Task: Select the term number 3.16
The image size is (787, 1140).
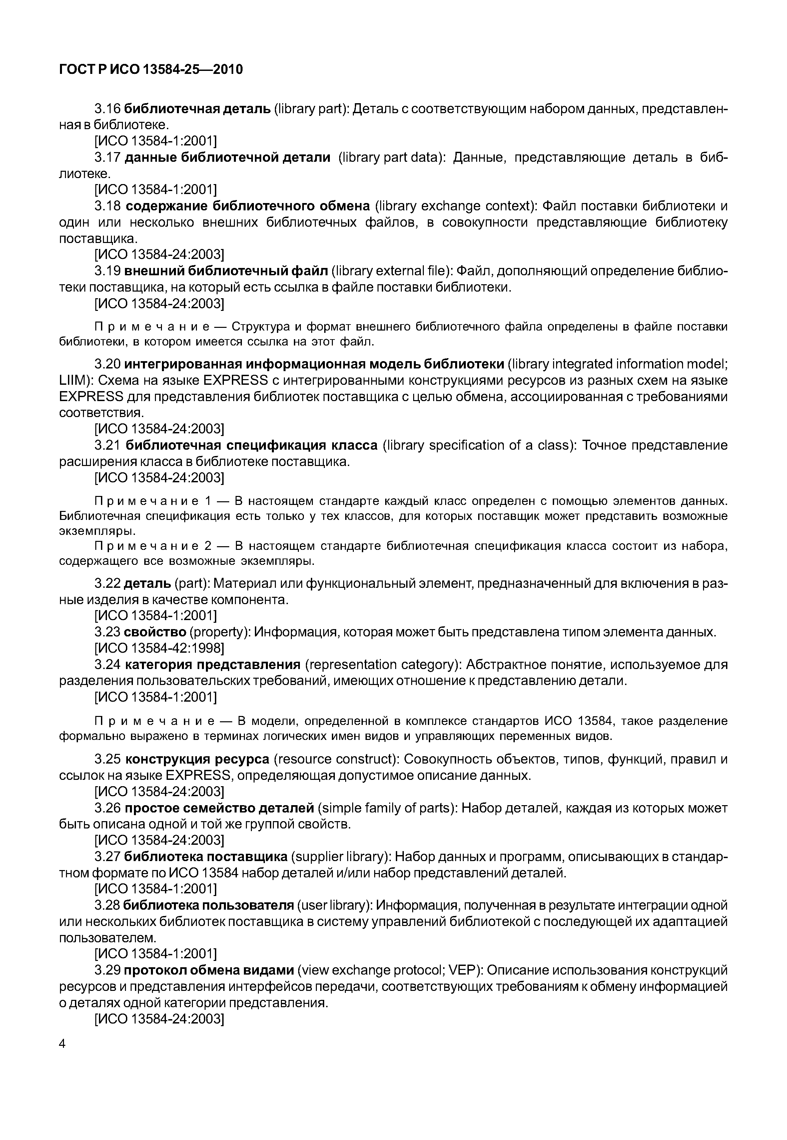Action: coord(108,109)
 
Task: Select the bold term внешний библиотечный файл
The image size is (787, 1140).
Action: coord(226,271)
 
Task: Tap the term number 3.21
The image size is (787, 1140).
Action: coord(108,445)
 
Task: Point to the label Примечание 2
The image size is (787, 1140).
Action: coord(153,546)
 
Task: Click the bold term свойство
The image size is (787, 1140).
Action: coord(155,632)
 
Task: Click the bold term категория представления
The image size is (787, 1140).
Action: coord(213,665)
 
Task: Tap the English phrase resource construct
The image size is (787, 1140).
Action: coord(336,759)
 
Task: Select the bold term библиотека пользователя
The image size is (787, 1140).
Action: coord(208,905)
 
